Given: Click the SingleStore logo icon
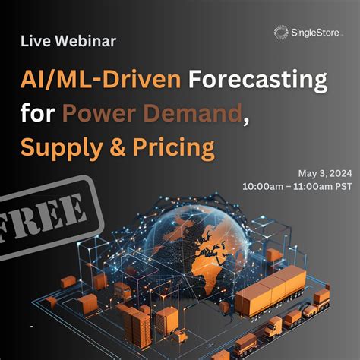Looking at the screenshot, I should pyautogui.click(x=281, y=31).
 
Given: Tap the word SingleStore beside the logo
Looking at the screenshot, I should pyautogui.click(x=314, y=32).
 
